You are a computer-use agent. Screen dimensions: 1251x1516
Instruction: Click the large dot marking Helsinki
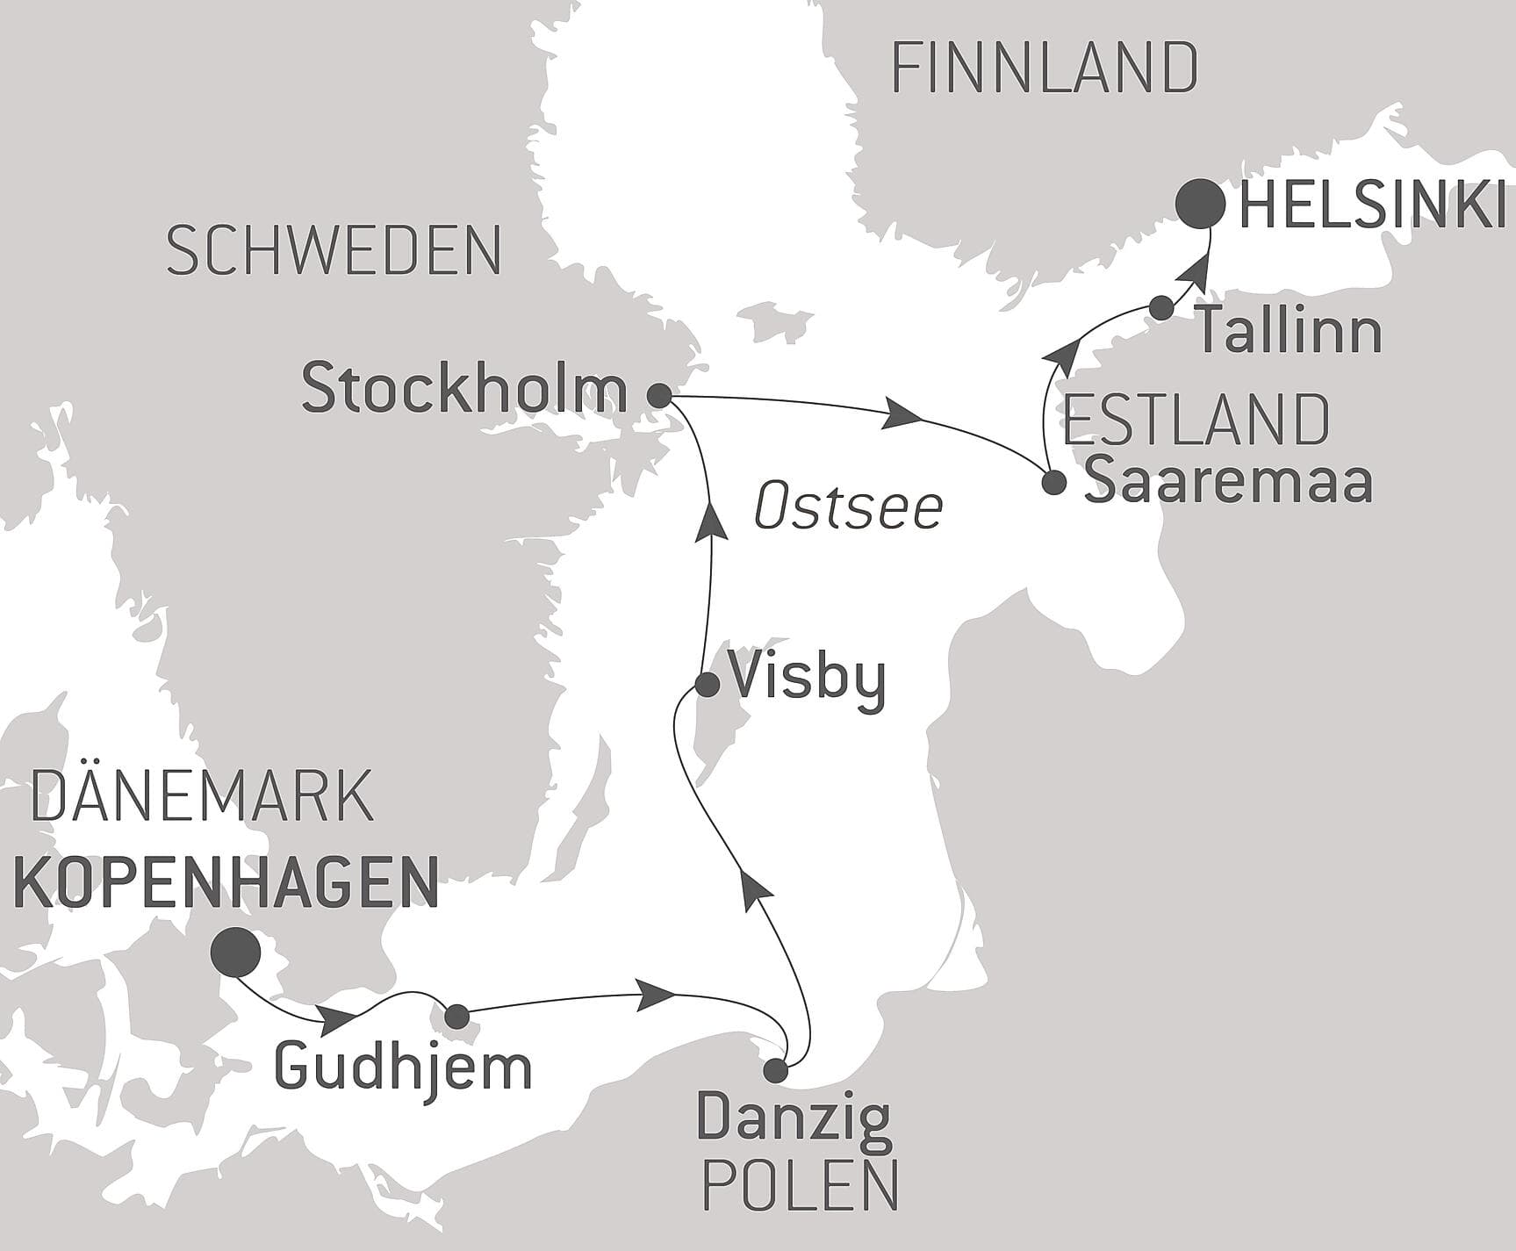coord(1200,203)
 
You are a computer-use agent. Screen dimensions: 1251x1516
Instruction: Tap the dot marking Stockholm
coord(659,395)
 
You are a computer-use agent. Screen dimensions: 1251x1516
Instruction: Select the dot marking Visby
coord(708,684)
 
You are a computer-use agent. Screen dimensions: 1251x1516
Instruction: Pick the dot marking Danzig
coord(775,1070)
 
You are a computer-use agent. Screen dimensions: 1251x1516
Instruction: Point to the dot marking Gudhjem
coord(457,1017)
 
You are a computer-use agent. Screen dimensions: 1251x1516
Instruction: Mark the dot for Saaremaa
coord(1053,482)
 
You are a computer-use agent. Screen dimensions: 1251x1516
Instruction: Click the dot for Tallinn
coord(1161,307)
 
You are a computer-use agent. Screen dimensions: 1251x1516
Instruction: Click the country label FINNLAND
coord(1044,68)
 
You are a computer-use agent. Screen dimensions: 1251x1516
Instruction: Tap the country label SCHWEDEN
coord(334,251)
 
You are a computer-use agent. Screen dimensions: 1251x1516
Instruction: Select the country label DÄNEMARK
coord(202,794)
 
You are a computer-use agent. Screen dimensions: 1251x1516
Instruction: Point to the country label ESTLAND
coord(1196,421)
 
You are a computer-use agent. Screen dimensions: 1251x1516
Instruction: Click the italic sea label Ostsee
coord(849,508)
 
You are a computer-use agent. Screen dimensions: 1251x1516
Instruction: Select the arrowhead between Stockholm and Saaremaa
coord(904,413)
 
